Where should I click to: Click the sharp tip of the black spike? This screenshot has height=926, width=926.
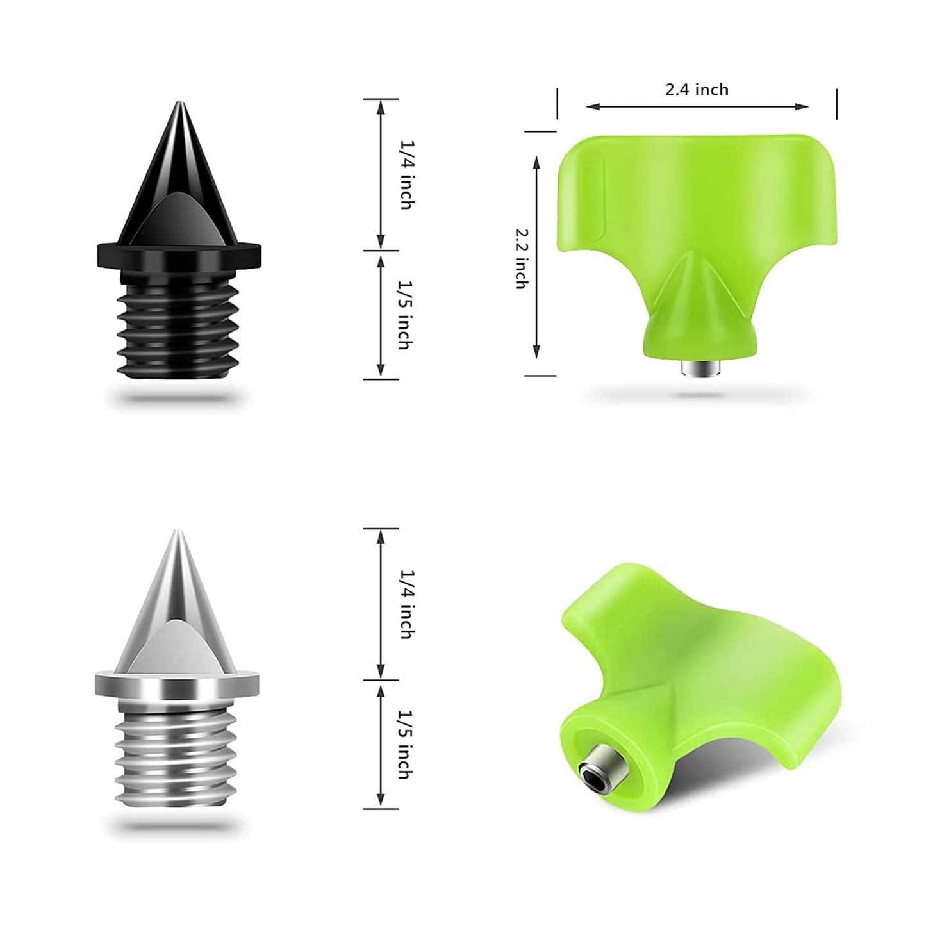(x=179, y=103)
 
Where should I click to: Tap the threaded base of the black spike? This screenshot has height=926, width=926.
(x=178, y=328)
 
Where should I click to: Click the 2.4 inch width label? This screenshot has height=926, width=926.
(x=697, y=89)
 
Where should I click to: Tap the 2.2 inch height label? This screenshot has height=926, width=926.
(x=520, y=258)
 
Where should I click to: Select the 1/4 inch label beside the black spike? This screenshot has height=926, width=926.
(x=406, y=174)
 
